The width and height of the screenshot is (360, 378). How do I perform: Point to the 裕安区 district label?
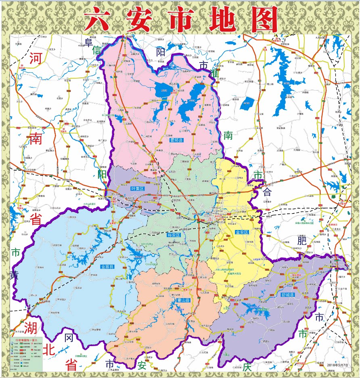[x=173, y=234]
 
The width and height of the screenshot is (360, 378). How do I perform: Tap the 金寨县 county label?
[x=108, y=267]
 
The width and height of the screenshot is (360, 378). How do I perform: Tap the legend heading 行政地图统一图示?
[x=26, y=340]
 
